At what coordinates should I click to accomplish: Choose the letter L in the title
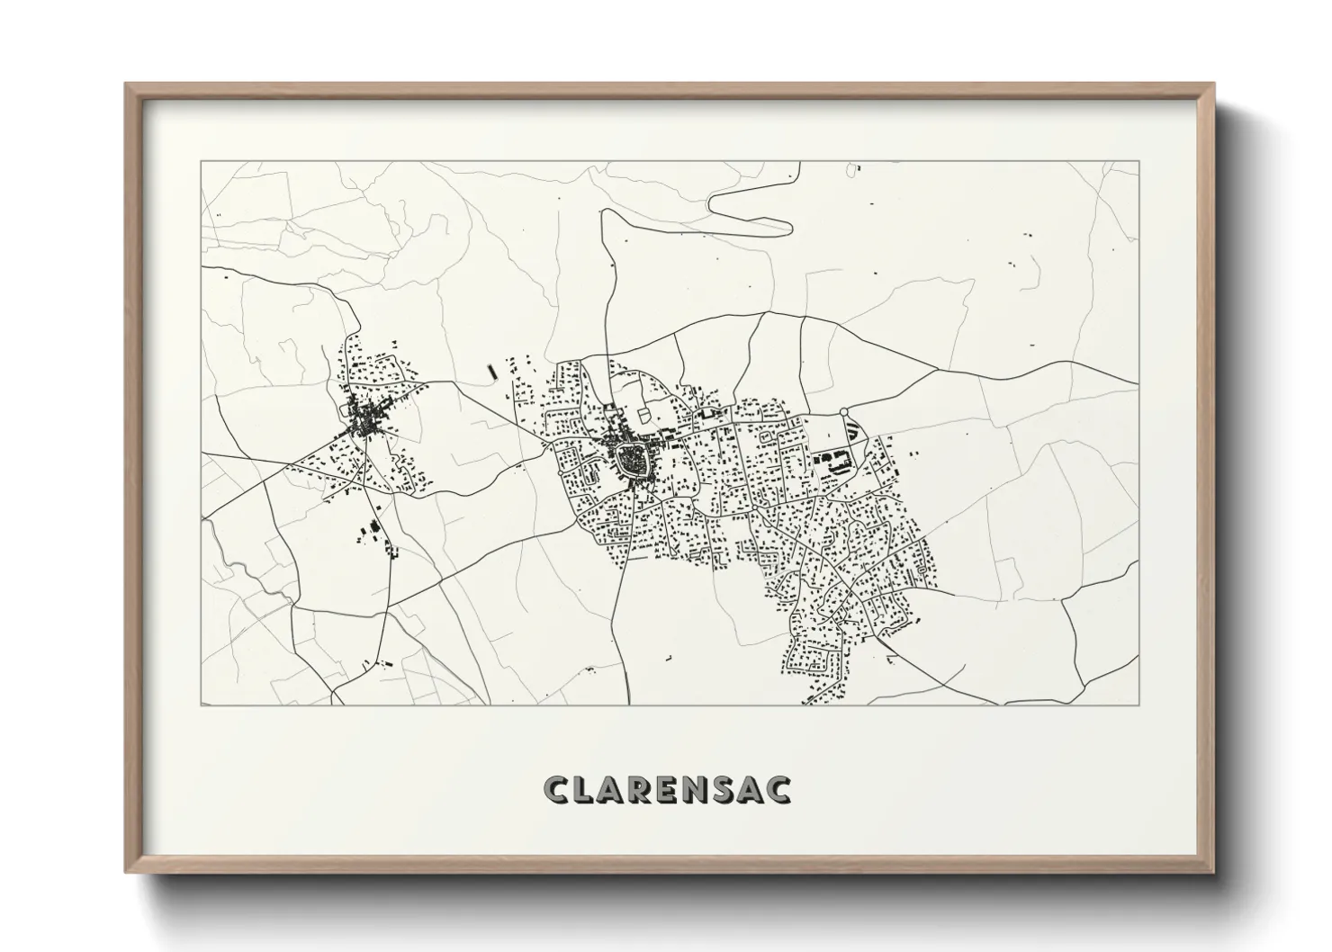[583, 789]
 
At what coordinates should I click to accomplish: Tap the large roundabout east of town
[844, 413]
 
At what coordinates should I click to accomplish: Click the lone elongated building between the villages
[490, 371]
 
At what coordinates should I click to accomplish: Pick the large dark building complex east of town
[829, 461]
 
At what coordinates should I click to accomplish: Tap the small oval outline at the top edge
[854, 167]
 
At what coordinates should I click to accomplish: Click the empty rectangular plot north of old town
[643, 415]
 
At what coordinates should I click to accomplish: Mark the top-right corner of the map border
[1138, 162]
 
